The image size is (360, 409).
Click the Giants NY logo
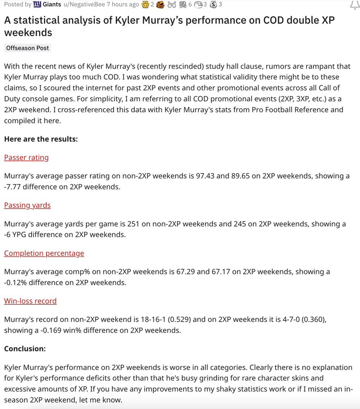(37, 4)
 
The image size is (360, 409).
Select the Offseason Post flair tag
(28, 48)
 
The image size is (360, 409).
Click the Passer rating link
(26, 157)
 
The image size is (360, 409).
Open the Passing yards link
(27, 205)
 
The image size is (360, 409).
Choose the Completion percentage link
(44, 253)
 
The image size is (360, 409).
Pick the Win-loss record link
(30, 301)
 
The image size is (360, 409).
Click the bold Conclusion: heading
(25, 349)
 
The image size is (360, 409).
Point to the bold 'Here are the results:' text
(41, 139)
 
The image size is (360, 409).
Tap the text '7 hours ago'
(123, 4)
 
